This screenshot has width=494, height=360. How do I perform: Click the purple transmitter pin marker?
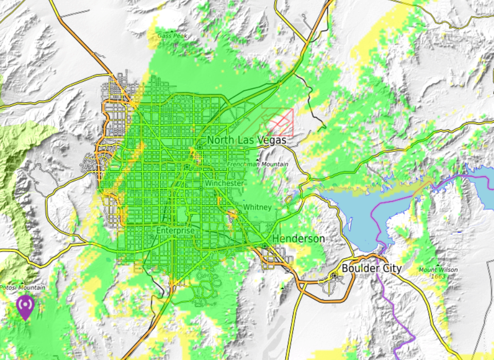click(x=25, y=306)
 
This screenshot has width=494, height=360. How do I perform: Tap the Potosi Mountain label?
click(x=22, y=288)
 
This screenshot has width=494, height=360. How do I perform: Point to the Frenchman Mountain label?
click(x=258, y=164)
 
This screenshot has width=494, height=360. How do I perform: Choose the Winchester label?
click(x=224, y=183)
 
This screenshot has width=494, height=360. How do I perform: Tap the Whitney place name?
click(x=257, y=207)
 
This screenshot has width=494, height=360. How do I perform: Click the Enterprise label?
click(x=176, y=231)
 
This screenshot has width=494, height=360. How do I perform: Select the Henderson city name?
click(x=299, y=239)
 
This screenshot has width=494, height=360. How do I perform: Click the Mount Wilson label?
click(x=438, y=270)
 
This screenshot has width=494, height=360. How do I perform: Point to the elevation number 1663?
click(x=438, y=276)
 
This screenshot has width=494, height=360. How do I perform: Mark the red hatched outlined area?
click(x=280, y=122)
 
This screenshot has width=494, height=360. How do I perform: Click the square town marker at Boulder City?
click(x=335, y=276)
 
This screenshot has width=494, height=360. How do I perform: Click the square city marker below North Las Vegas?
click(x=199, y=147)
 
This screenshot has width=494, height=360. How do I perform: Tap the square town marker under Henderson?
click(x=264, y=247)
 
